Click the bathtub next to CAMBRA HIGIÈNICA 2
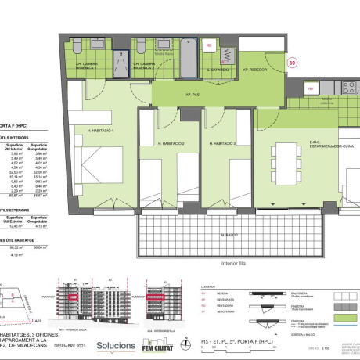(189, 59)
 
